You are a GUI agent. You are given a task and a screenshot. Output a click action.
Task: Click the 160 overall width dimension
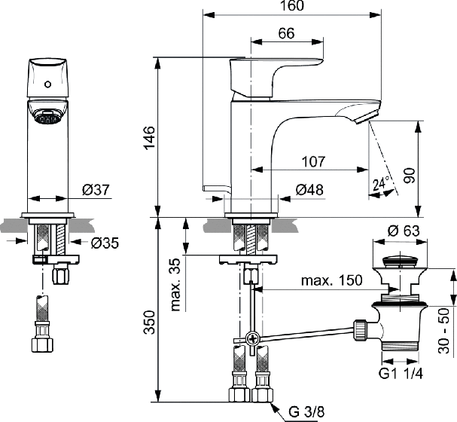[292, 5]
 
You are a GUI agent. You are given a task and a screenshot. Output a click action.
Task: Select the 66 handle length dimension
[286, 33]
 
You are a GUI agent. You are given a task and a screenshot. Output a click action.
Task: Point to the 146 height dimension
[150, 137]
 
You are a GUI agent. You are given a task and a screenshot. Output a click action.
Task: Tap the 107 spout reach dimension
[313, 161]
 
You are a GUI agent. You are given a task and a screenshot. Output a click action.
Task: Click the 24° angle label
[381, 183]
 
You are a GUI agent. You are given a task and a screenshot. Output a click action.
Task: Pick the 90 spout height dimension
[410, 176]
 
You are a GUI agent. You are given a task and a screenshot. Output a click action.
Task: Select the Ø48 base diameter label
[309, 190]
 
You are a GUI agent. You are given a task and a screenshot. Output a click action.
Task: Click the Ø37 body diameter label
[96, 190]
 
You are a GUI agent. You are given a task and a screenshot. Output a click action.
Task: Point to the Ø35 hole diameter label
[105, 243]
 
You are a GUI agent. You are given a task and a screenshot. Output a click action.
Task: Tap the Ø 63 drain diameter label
[404, 231]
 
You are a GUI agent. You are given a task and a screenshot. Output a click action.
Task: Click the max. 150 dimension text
[332, 280]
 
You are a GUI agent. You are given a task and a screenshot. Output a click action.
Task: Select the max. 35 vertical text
[175, 285]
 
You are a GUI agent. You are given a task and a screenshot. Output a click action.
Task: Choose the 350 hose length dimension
[150, 322]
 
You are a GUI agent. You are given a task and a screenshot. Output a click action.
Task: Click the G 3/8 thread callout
[306, 412]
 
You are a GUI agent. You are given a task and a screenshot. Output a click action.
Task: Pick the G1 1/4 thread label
[401, 373]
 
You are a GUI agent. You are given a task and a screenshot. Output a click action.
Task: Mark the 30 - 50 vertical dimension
[444, 330]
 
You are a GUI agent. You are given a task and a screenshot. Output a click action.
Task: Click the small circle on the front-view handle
[47, 84]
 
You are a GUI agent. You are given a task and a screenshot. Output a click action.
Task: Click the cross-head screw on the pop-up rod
[252, 339]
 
